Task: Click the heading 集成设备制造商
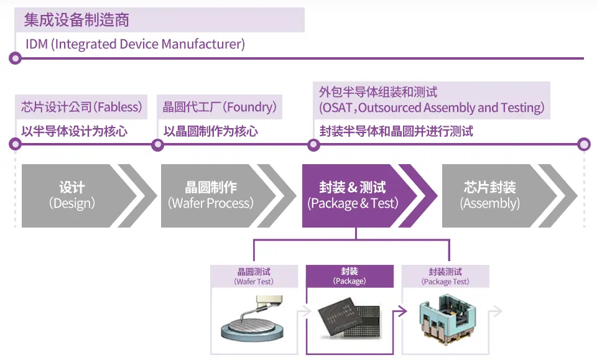(x=76, y=20)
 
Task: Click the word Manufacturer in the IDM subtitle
(x=203, y=44)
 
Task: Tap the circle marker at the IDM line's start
(x=15, y=58)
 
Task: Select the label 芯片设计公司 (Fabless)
(x=81, y=107)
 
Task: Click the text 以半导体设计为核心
(x=74, y=131)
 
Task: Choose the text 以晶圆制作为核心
(x=211, y=131)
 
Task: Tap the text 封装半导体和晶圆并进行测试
(x=396, y=131)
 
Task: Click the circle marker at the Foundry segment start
(x=157, y=145)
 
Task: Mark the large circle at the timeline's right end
(x=584, y=145)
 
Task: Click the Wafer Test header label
(x=254, y=276)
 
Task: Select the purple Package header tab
(x=349, y=276)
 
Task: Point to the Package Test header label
(x=445, y=276)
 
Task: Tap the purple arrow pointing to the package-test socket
(x=400, y=312)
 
